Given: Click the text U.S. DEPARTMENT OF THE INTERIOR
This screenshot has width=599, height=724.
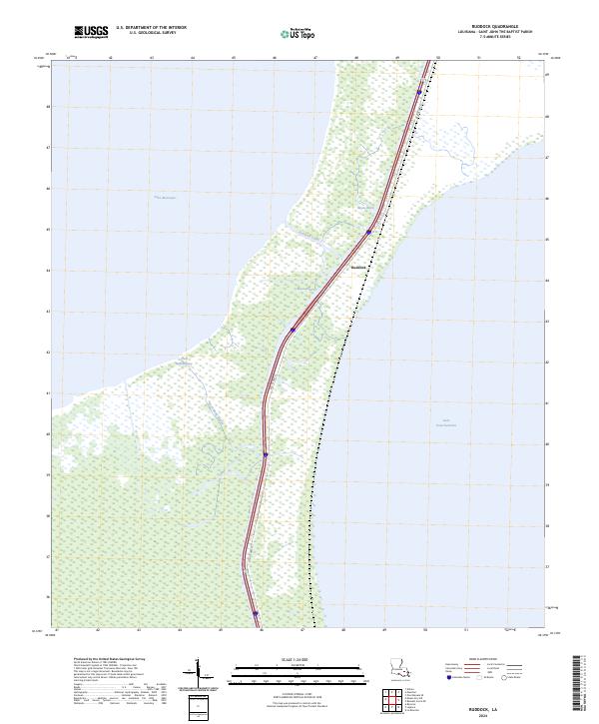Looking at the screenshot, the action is pos(151,28).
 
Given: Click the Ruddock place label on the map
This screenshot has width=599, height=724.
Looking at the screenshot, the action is pos(360,268).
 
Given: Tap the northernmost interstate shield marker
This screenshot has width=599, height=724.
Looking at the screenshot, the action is pos(419,92).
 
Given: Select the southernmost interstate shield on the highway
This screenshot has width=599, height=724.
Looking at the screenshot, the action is pos(255,614).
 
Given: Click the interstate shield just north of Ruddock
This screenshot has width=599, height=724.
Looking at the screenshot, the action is pos(368,233).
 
